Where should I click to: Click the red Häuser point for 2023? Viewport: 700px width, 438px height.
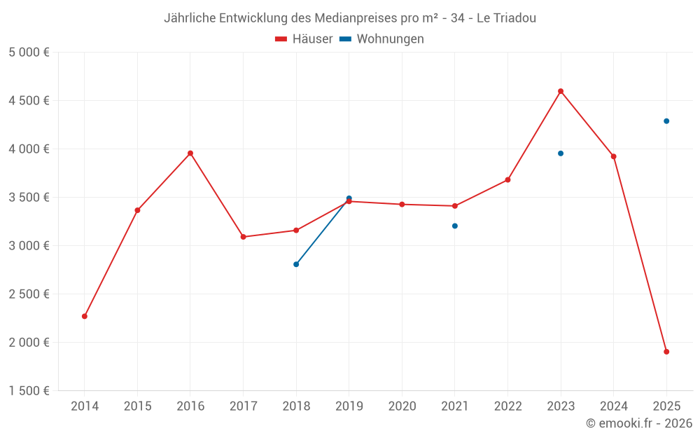561,91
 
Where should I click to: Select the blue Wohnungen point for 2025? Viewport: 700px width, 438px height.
666,121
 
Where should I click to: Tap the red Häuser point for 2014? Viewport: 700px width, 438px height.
85,316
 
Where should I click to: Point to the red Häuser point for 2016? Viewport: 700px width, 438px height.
190,153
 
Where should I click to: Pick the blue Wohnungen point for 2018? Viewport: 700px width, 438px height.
296,264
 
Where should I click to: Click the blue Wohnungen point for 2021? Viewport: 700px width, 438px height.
455,226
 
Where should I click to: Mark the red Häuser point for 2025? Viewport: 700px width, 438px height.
666,352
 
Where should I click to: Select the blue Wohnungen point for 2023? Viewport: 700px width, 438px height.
561,153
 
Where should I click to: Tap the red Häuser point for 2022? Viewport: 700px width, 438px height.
507,180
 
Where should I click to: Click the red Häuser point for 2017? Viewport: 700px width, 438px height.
243,237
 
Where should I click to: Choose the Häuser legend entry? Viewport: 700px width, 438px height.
304,39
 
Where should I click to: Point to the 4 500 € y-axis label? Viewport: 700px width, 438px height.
29,100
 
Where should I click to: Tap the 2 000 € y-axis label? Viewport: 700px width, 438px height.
29,342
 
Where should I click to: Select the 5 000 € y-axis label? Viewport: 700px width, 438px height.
29,52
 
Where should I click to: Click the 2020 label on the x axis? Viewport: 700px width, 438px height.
402,406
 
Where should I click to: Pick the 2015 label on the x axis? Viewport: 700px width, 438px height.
137,406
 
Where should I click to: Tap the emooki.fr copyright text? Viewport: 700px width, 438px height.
639,423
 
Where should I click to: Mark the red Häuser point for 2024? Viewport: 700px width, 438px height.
613,156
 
